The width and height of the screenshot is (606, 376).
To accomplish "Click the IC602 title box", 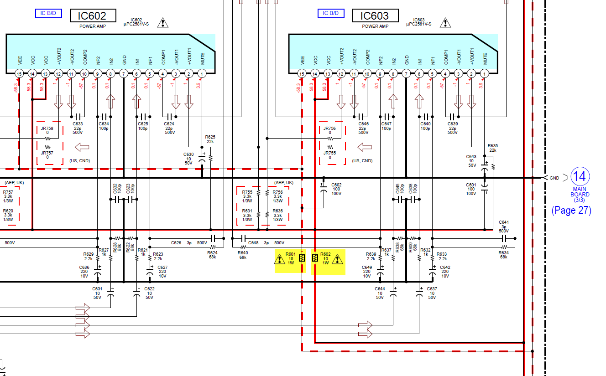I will (93, 16).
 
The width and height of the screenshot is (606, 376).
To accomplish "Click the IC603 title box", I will (375, 16).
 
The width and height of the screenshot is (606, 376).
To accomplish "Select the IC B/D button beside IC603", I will (331, 13).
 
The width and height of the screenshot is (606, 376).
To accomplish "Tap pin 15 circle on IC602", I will (19, 73).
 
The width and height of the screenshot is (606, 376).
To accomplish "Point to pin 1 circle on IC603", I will (485, 73).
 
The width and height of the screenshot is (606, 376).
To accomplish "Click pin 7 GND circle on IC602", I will (124, 73).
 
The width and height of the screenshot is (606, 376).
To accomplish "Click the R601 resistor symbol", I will (302, 258).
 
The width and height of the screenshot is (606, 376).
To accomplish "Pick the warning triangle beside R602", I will (337, 260).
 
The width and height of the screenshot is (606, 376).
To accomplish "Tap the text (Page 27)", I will (571, 210).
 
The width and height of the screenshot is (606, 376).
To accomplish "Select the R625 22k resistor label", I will (210, 139).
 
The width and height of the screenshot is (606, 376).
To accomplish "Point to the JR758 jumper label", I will (47, 129).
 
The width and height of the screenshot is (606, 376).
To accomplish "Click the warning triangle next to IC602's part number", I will (162, 22).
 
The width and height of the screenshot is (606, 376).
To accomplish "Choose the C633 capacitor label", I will (78, 128).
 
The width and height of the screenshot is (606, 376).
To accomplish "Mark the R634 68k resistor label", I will (503, 255).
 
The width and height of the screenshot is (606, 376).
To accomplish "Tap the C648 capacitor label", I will (254, 243).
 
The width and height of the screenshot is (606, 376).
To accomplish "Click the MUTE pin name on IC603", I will (485, 58).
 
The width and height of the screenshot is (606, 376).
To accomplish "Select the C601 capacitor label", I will (471, 189).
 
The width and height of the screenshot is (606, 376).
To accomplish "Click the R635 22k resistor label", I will (493, 148).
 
